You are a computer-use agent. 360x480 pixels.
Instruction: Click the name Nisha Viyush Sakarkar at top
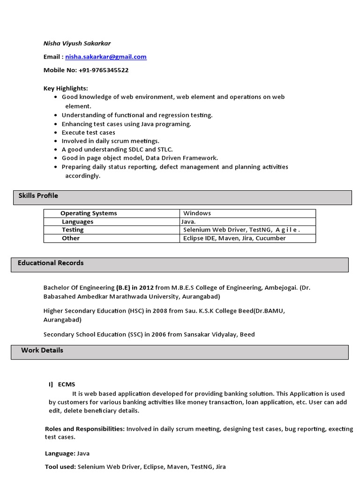(77, 44)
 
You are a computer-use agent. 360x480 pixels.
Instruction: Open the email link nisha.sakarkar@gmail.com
(106, 57)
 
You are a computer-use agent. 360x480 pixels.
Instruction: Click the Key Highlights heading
(66, 88)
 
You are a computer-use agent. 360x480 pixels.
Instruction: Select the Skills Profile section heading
(38, 195)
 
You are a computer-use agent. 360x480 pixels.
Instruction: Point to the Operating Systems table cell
(89, 213)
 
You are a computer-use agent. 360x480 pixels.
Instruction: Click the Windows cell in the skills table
(197, 213)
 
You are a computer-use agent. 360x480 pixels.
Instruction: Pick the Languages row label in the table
(77, 222)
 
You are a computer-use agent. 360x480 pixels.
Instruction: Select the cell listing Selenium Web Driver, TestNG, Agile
(241, 230)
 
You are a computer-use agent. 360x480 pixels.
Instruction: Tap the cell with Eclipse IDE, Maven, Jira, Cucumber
(234, 238)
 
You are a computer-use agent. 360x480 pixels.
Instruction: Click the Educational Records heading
(51, 263)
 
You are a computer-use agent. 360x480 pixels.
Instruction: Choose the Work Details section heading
(42, 350)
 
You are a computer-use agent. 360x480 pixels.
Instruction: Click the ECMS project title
(67, 384)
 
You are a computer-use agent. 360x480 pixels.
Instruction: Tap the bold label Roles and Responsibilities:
(84, 429)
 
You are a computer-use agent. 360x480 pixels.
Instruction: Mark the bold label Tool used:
(60, 467)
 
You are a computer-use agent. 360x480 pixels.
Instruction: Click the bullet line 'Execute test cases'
(88, 133)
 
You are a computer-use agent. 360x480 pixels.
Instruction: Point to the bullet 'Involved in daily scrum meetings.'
(111, 141)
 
